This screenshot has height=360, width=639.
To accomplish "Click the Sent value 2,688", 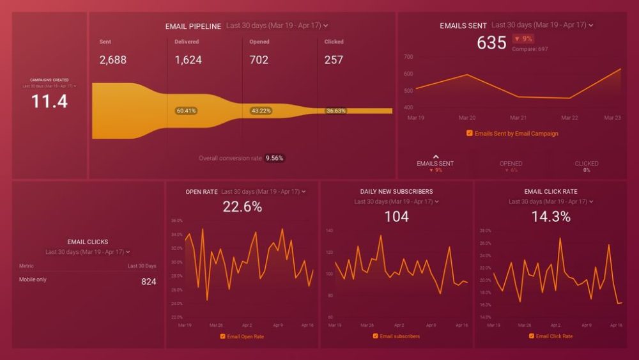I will pos(113,60).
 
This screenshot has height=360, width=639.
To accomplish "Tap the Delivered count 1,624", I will pos(189,60).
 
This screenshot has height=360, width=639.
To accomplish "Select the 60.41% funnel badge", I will pos(186,111).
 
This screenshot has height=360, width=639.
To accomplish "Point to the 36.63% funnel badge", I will pos(335,111).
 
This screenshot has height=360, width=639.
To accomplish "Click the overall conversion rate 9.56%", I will pos(275,158).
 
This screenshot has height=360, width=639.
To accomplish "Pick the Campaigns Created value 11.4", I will pos(49,101).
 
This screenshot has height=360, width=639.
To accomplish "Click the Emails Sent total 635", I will pos(491,43).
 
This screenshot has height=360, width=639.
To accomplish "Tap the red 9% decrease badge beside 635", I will pos(523,38).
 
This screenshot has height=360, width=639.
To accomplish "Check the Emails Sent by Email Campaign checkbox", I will pos(470,134).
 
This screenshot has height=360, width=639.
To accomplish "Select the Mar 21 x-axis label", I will pos(518,118).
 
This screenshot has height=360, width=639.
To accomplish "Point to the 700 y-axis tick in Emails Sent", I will pos(408,57).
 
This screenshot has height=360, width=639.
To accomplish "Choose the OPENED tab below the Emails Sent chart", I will pos(511,164).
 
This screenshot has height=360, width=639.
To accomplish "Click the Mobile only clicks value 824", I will pos(148,281).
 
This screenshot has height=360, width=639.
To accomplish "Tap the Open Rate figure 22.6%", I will pos(242,207).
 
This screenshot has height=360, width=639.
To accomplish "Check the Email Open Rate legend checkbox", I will pos(222,336).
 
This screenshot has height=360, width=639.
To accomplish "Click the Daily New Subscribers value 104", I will pos(396,217).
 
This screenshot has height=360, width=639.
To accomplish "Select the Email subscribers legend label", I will pos(400,336).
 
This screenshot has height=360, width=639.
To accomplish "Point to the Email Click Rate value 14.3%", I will pos(551,217).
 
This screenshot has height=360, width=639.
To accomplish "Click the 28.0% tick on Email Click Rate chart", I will pos(485,230).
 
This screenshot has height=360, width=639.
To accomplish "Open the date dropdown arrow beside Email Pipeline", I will pos(326,26).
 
